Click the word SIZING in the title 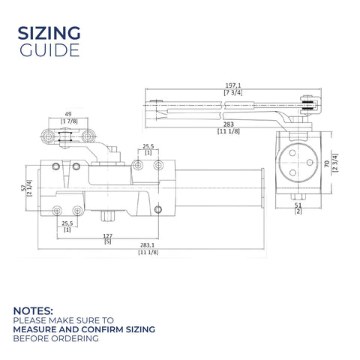[x=49, y=33]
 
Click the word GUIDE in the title [x=49, y=50]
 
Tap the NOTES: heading [x=33, y=311]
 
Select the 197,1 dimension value [x=233, y=85]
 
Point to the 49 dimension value [x=68, y=114]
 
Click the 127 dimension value [x=108, y=236]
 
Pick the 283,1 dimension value [x=147, y=245]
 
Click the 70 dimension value [x=327, y=163]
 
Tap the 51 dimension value [x=298, y=205]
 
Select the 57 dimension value [x=23, y=188]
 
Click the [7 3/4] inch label [x=233, y=92]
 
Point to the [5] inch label [x=108, y=241]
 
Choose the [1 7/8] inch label [x=69, y=121]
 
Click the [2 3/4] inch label [x=335, y=163]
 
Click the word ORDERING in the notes [x=75, y=338]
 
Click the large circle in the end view [x=298, y=163]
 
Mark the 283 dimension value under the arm [x=229, y=124]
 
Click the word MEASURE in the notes [x=34, y=329]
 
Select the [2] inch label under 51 [x=298, y=211]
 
